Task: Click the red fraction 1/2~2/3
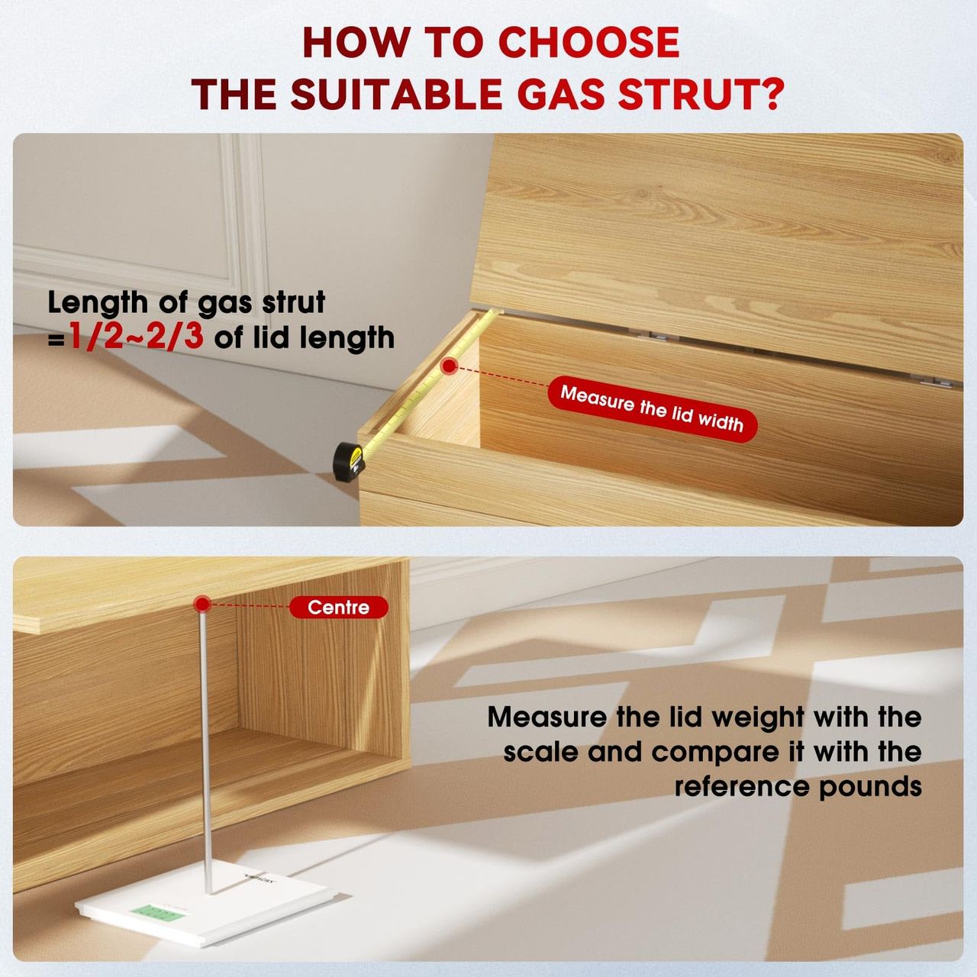pyautogui.click(x=137, y=337)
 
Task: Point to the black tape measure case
pyautogui.click(x=349, y=462)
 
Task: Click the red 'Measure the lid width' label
pyautogui.click(x=652, y=408)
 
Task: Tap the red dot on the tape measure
pyautogui.click(x=448, y=366)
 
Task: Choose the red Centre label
pyautogui.click(x=339, y=608)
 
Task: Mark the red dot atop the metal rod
pyautogui.click(x=202, y=604)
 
